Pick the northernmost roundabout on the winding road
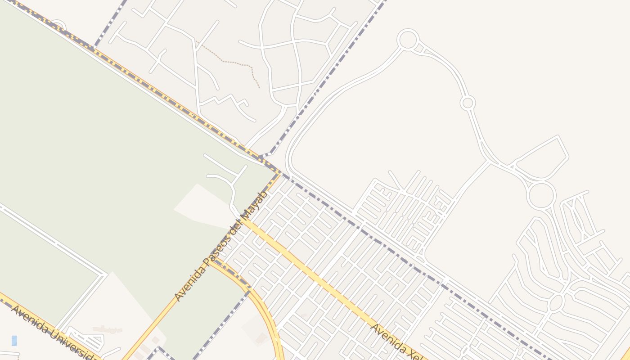point(408,40)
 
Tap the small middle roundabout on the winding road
point(468,103)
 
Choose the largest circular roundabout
point(542,195)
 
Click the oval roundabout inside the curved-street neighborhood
point(556,302)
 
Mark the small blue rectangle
point(14,341)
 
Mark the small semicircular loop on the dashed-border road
point(58,25)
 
